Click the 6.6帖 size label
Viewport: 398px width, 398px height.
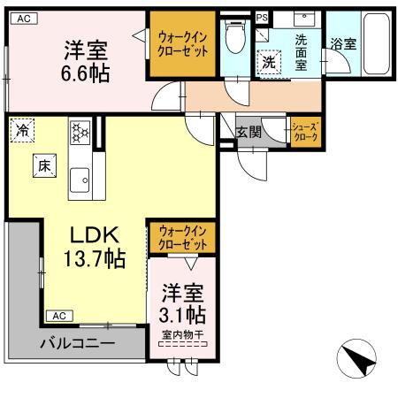86,73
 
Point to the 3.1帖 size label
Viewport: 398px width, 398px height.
184,313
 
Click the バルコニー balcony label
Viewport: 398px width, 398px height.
76,342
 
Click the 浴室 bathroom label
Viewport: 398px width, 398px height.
344,42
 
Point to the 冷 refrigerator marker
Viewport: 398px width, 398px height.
20,131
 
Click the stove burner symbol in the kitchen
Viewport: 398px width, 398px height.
80,133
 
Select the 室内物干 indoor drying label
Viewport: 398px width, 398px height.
183,334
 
